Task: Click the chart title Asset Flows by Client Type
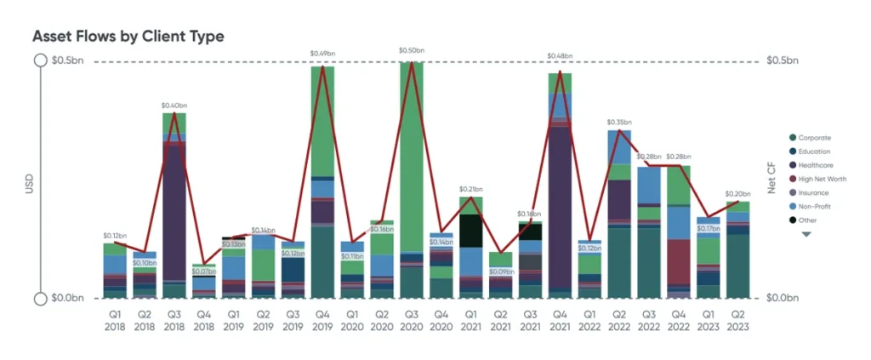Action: [x=128, y=37]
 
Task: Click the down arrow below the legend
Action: [x=806, y=235]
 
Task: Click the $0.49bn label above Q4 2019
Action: [x=322, y=55]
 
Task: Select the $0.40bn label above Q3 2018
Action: [x=174, y=106]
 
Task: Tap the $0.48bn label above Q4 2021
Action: [x=560, y=57]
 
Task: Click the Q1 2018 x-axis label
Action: [x=114, y=318]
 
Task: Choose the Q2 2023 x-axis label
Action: [x=738, y=318]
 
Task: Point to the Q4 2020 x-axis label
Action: [x=441, y=318]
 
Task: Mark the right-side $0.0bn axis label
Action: [x=783, y=299]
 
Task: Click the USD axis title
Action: [x=28, y=180]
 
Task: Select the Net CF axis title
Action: [x=773, y=180]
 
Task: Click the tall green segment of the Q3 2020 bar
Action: [x=412, y=153]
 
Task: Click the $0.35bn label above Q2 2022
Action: [x=619, y=122]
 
